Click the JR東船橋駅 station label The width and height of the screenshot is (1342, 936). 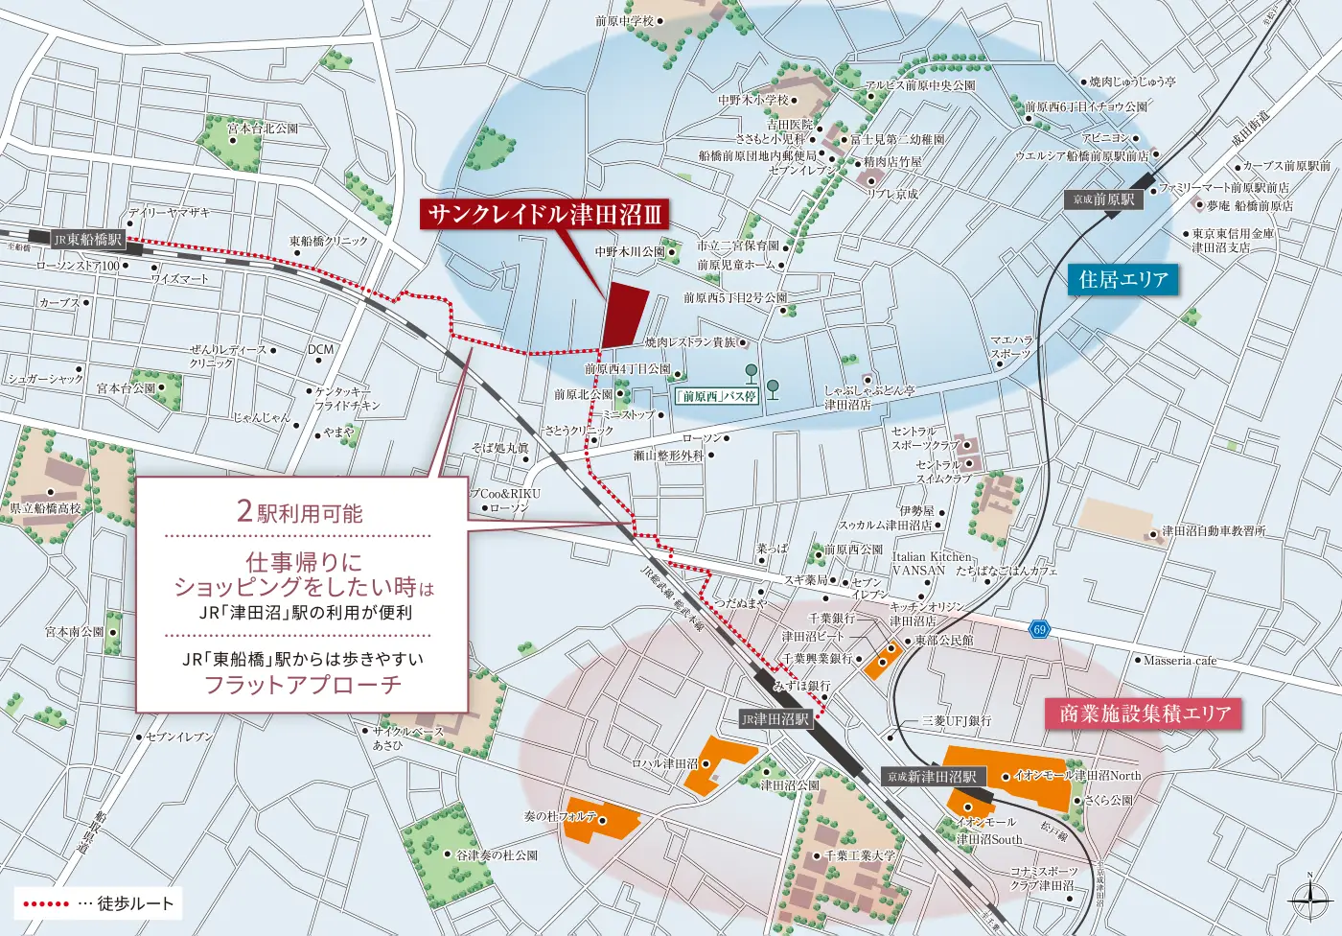point(87,240)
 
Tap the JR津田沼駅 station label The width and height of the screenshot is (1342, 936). point(775,718)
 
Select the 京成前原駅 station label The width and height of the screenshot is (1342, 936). point(1102,199)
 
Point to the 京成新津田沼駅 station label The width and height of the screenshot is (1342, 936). point(933,777)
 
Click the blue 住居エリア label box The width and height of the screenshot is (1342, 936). point(1123,280)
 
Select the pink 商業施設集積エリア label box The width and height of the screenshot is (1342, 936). point(1144,714)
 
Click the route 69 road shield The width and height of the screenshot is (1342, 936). point(1040,630)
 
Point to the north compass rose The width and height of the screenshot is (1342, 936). point(1309,899)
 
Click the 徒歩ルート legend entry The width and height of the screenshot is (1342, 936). point(98,903)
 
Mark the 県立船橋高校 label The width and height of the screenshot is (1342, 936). point(45,508)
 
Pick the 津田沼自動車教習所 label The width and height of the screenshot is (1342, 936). point(1214,531)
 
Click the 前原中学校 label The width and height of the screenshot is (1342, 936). point(624,20)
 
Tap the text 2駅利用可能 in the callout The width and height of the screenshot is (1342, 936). point(300,512)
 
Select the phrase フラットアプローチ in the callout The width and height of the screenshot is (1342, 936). point(303,685)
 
